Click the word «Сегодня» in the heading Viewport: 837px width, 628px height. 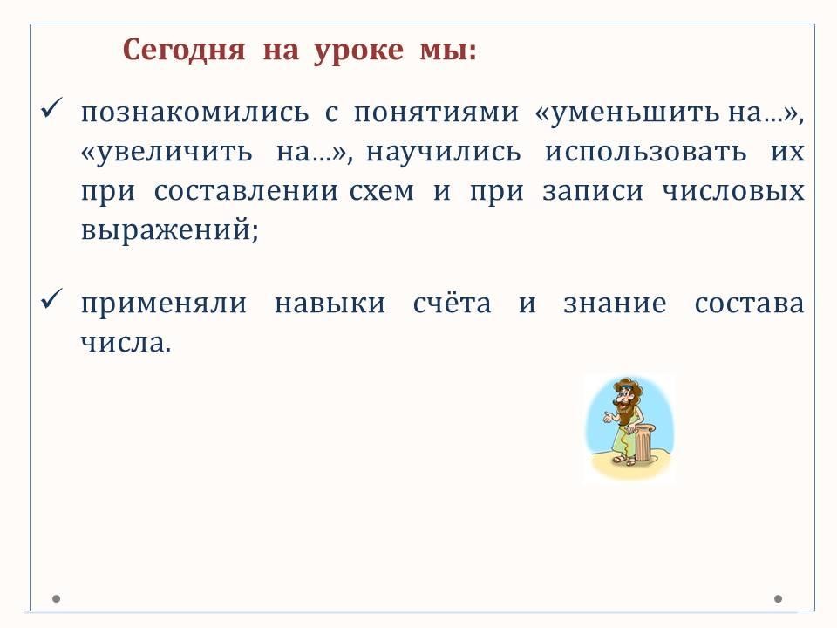[x=184, y=51]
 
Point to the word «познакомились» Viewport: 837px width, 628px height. [x=194, y=113]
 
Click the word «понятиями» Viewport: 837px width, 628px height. [x=436, y=113]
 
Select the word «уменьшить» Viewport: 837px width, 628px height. [x=634, y=113]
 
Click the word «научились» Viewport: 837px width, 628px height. [x=443, y=153]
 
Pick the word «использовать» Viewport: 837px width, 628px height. [x=645, y=152]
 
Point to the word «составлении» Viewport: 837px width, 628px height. [x=246, y=191]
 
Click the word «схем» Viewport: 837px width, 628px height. [x=382, y=191]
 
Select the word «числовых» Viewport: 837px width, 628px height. [x=733, y=191]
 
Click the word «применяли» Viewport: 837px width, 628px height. [x=164, y=304]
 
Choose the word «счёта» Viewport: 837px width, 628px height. [x=453, y=303]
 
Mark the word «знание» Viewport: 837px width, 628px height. [x=615, y=304]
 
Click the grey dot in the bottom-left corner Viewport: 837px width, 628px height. [x=56, y=599]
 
